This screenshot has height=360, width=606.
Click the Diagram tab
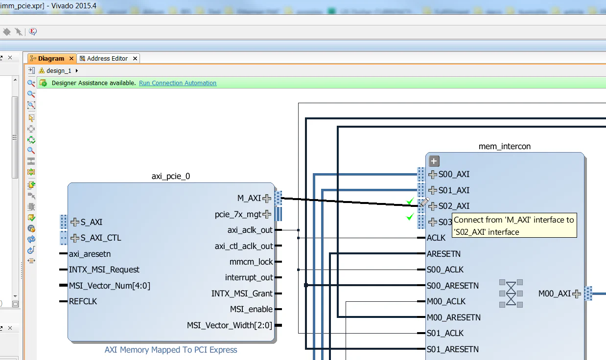51,58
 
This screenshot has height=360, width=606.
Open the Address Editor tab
107,58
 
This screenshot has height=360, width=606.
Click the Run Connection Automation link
177,83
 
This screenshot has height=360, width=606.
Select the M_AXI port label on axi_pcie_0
249,198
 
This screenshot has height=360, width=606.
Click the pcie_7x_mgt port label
238,214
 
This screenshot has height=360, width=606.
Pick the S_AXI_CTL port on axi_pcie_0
101,238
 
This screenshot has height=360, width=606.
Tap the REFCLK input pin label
83,301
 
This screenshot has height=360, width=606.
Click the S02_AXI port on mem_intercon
454,206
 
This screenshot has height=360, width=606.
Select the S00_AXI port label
454,174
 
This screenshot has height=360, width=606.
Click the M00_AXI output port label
554,293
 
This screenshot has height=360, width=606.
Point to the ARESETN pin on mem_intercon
443,254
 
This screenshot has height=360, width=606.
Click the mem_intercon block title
504,146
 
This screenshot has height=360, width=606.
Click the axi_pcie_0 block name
171,176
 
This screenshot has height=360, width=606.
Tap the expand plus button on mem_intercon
434,161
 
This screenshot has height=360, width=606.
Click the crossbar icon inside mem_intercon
511,293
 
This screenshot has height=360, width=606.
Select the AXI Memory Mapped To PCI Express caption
171,350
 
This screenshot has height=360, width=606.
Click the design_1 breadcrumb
59,71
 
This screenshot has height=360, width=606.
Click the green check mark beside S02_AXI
410,201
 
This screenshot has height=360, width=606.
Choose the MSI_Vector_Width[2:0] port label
229,325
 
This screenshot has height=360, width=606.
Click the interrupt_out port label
249,277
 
